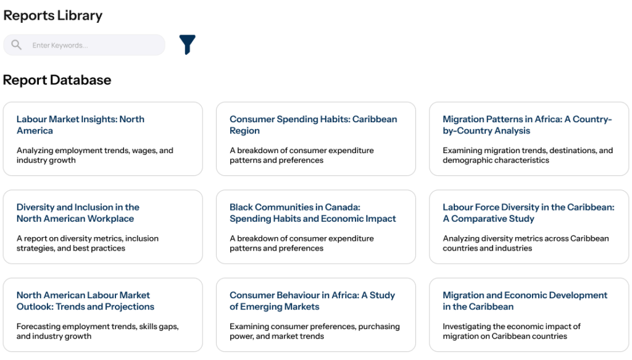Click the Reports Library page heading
click(x=53, y=15)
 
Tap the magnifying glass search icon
click(x=16, y=44)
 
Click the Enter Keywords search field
click(x=84, y=44)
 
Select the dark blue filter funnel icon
click(x=188, y=44)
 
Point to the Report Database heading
click(x=57, y=80)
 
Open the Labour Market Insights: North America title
click(x=80, y=125)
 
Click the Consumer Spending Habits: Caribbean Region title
click(x=313, y=125)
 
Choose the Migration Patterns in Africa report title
click(x=527, y=125)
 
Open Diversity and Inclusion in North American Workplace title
click(x=78, y=213)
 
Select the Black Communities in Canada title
click(x=313, y=213)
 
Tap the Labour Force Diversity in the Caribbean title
click(x=528, y=213)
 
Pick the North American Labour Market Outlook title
click(x=85, y=301)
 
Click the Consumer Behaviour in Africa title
click(x=312, y=301)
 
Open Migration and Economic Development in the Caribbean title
click(x=525, y=301)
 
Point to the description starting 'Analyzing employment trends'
click(x=94, y=155)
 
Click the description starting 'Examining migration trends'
click(x=528, y=155)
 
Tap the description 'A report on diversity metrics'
click(x=88, y=243)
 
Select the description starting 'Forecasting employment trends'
click(x=98, y=331)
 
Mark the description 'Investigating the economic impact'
click(x=512, y=331)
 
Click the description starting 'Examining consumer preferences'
click(x=315, y=331)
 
